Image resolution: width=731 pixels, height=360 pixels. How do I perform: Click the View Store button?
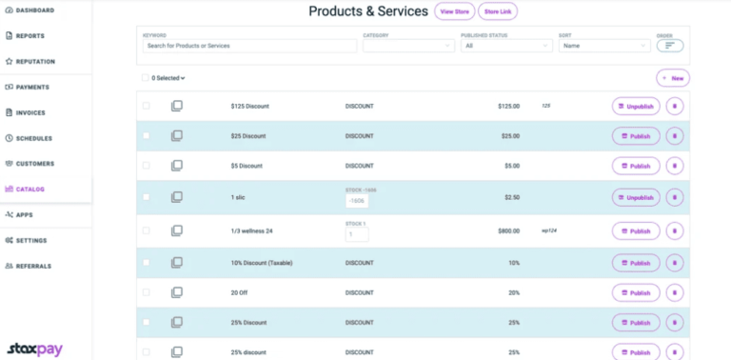(x=455, y=11)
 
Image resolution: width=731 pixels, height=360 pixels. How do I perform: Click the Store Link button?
(x=498, y=11)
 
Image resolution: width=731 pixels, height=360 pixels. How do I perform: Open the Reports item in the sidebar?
(x=30, y=36)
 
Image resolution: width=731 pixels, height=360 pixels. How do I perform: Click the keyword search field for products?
(x=249, y=45)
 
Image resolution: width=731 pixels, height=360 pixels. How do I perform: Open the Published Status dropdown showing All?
(x=505, y=45)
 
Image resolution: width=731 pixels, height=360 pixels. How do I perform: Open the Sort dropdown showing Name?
(x=604, y=45)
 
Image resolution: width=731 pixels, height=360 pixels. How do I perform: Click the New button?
(x=673, y=78)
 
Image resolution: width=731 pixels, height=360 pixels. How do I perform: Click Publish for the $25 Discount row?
(x=636, y=136)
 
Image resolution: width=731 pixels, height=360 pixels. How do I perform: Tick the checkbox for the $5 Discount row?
(x=147, y=166)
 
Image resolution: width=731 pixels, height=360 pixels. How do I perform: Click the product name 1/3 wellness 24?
(x=252, y=230)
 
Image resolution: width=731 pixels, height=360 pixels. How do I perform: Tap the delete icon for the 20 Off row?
(x=675, y=293)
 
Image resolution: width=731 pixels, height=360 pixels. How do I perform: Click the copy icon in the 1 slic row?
(x=177, y=197)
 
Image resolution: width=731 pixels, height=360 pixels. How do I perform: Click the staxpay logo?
(x=34, y=349)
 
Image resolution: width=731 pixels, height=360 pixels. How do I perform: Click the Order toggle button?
(x=670, y=45)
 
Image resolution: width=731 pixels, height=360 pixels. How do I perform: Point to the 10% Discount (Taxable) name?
(x=262, y=262)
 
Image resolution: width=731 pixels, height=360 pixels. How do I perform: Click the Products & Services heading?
(x=368, y=11)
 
